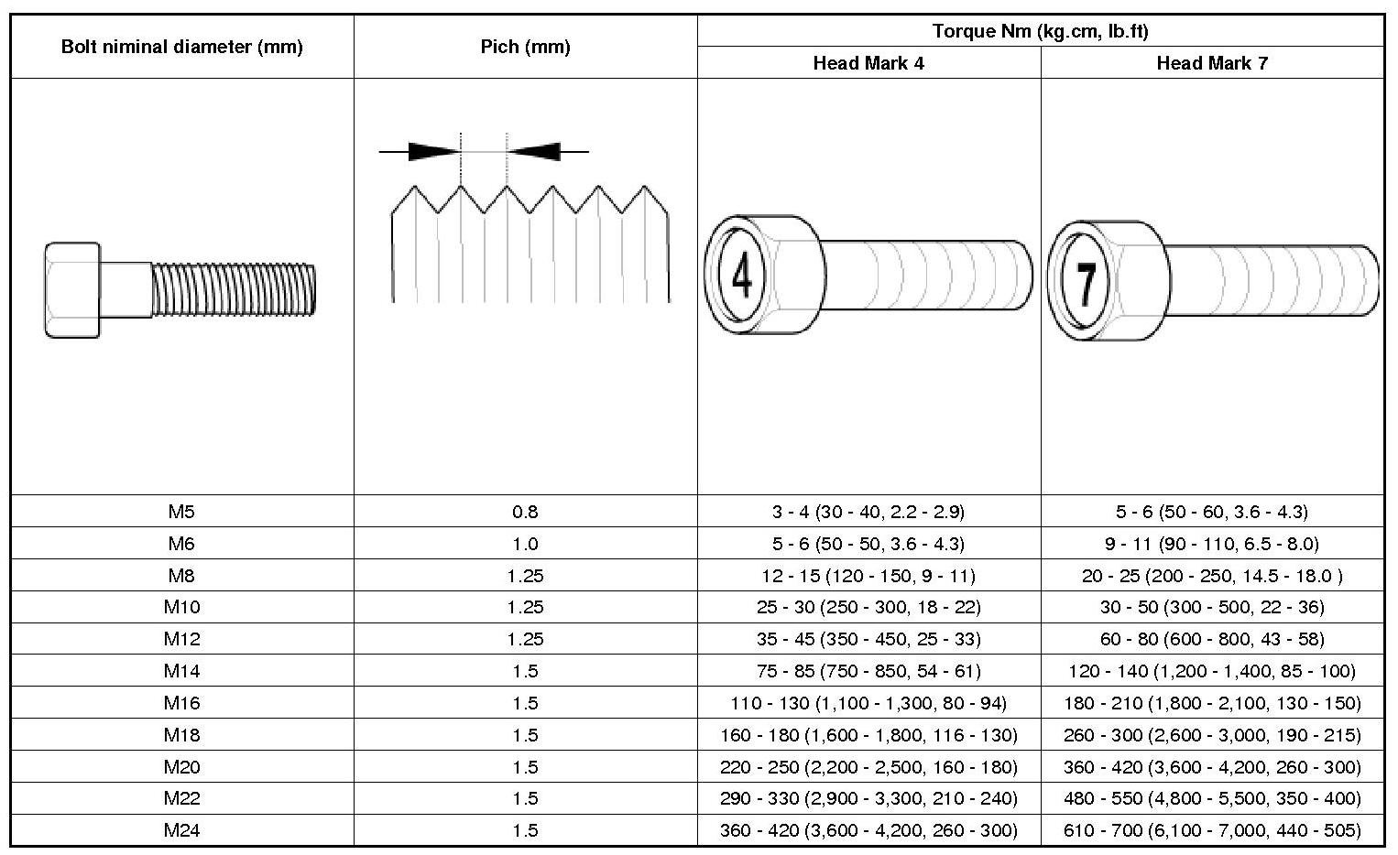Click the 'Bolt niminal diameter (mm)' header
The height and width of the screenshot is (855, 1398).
[x=181, y=47]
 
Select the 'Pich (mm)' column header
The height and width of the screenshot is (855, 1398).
[x=525, y=47]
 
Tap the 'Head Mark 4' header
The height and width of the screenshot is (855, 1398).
[x=868, y=63]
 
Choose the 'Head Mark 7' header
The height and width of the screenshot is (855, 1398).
[x=1212, y=63]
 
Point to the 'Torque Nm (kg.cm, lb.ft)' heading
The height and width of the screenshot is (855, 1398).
[x=1041, y=30]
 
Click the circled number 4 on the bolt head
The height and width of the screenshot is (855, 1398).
[x=741, y=275]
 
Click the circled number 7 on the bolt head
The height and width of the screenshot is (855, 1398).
[x=1086, y=281]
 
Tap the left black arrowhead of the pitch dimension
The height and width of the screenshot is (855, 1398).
[x=434, y=151]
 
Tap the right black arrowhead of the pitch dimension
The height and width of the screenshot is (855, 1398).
[x=533, y=151]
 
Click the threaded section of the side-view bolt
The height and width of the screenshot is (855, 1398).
[x=234, y=289]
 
